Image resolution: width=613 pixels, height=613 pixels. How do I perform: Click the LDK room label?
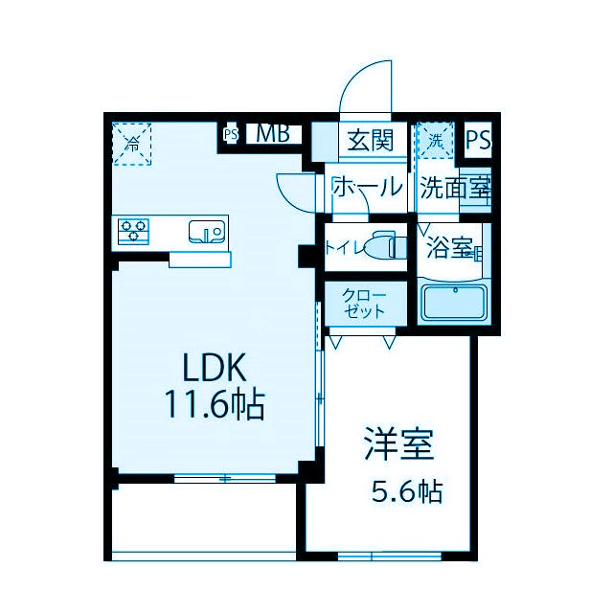[x=216, y=368]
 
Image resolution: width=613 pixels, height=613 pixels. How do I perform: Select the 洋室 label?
[x=398, y=446]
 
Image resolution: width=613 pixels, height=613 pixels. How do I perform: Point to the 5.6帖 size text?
[x=406, y=492]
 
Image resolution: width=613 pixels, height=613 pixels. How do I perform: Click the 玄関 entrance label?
[x=368, y=140]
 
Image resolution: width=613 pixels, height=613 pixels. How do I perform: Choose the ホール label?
[x=367, y=187]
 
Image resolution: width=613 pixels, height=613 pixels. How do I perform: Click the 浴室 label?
[x=449, y=249]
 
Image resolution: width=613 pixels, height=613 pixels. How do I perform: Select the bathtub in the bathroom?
[x=455, y=302]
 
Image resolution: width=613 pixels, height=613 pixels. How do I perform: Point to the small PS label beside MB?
[x=230, y=135]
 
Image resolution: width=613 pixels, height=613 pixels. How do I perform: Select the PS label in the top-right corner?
[x=478, y=140]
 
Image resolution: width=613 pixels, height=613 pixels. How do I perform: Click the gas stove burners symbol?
[x=134, y=230]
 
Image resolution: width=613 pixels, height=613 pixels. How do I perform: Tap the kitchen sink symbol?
[x=206, y=231]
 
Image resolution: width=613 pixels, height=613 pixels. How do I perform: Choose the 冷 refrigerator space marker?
[x=133, y=145]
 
